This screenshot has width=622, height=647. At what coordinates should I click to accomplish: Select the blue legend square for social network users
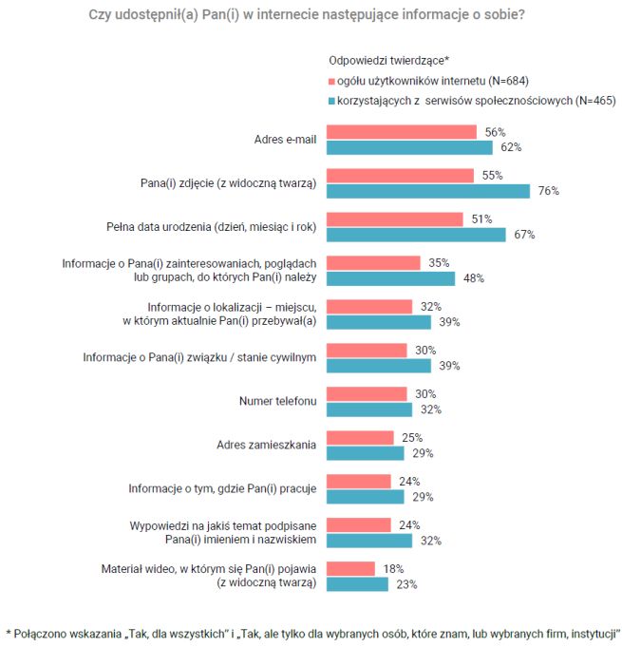coord(331,100)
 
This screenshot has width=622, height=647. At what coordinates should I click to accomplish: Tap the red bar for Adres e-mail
coord(402,132)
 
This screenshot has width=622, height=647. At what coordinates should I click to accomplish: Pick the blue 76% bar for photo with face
coord(428,190)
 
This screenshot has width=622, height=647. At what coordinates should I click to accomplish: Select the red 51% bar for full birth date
coord(395,219)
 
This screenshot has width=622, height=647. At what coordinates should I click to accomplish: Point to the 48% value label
coord(474,278)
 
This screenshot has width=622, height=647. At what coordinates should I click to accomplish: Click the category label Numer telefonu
coord(276,401)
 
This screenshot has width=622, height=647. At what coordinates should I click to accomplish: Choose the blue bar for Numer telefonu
coord(369,409)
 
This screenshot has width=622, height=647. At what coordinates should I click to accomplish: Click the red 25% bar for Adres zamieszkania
coord(360,438)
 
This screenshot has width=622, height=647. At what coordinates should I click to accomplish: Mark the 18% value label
coord(392,569)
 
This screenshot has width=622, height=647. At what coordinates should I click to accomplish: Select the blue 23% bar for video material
coord(358,584)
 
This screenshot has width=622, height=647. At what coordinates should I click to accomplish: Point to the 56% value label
coord(494,132)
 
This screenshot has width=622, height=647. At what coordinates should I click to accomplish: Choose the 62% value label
coord(511,147)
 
